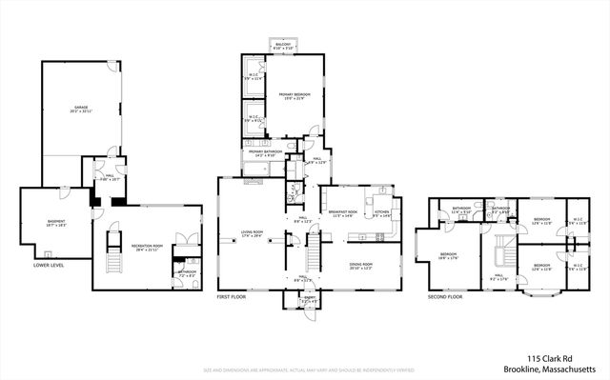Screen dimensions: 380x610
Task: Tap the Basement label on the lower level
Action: (x=57, y=224)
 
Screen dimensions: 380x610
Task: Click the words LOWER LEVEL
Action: (x=49, y=266)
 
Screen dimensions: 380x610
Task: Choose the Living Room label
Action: (x=252, y=233)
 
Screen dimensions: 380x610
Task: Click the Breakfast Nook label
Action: (x=343, y=214)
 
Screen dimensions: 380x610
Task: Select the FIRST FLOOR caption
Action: (x=232, y=297)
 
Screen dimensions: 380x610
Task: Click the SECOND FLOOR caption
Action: (x=444, y=297)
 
